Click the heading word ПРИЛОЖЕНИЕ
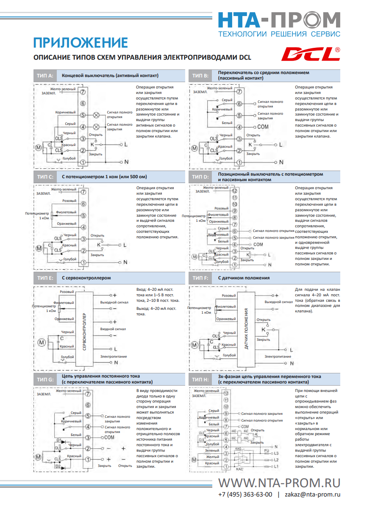coord(81,42)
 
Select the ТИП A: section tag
coord(45,76)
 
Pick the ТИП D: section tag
coord(200,177)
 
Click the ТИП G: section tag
coord(45,379)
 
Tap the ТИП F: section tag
coord(200,278)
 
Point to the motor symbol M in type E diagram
coord(42,342)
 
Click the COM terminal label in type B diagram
coord(263,127)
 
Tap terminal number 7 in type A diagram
coord(83,91)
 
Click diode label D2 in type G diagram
coord(58,466)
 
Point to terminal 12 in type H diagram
coord(227,393)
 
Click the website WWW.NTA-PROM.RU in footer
coord(279,483)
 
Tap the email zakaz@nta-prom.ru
coord(312,494)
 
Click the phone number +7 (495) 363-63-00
coord(245,494)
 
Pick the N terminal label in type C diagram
coord(125,262)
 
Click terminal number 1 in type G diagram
coord(88,459)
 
